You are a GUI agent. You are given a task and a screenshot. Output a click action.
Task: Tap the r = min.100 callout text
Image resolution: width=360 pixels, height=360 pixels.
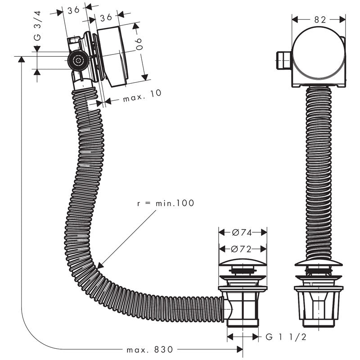166,203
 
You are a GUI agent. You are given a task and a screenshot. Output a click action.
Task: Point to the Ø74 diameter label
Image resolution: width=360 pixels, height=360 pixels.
242,232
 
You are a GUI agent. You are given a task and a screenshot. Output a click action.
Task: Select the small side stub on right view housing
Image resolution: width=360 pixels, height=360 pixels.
282,60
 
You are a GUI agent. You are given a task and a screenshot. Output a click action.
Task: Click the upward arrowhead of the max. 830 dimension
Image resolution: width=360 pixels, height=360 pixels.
21,60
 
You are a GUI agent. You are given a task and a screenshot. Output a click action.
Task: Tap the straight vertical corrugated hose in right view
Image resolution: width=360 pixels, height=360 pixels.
318,171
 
